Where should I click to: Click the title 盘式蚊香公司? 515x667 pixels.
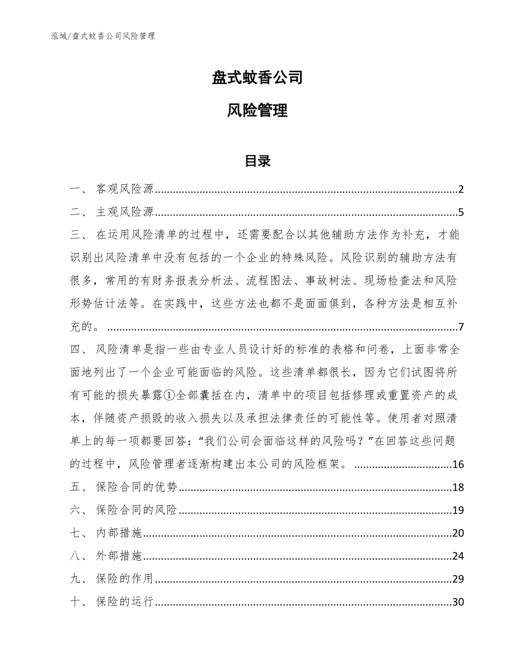point(257,77)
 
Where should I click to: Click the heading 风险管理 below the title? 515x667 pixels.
point(257,110)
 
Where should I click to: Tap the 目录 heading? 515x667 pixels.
point(257,161)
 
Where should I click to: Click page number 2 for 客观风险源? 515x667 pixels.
point(461,189)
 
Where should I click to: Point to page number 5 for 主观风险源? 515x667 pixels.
point(461,212)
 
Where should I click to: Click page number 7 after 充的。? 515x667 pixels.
point(461,327)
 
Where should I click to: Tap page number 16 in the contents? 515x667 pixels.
point(458,464)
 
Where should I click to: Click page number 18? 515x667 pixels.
point(458,487)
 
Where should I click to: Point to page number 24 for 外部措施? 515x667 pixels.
point(458,556)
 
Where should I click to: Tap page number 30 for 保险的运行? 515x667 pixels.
point(458,602)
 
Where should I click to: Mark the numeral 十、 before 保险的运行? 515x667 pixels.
point(78,602)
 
